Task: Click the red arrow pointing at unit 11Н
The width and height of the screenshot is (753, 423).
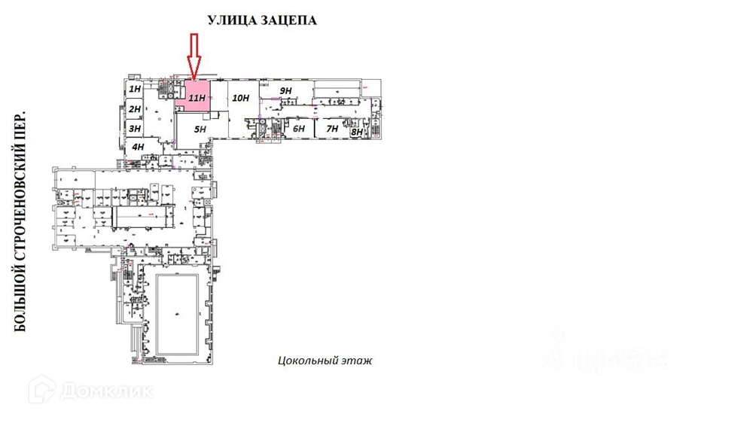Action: coord(194,56)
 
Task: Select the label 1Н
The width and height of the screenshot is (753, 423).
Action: coord(135,90)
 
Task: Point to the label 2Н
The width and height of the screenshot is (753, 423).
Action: coord(135,109)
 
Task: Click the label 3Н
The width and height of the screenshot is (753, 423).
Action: coord(135,129)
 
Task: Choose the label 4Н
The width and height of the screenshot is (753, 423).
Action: coord(138,147)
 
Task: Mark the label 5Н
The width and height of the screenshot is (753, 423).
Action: coord(200,129)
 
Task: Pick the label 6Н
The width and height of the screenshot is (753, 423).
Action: coord(299,129)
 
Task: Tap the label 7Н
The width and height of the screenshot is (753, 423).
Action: coord(331,129)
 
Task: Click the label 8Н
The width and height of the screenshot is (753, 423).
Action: coord(357,132)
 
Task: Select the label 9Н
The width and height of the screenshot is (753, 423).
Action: coord(285,91)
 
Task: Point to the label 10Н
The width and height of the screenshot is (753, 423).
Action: coord(240,97)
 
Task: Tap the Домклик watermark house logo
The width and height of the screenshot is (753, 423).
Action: coord(43,390)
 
